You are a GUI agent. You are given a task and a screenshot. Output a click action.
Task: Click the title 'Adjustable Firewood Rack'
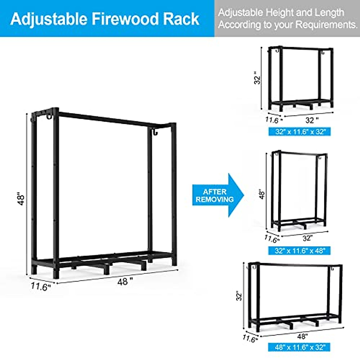click(x=105, y=19)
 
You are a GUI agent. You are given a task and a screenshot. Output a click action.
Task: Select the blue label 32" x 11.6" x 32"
click(x=299, y=131)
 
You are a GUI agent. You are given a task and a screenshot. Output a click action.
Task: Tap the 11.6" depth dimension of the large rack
click(x=41, y=287)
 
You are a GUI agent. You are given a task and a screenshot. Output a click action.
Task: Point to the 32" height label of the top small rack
click(x=257, y=78)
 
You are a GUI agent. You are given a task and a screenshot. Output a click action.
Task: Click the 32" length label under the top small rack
click(x=312, y=120)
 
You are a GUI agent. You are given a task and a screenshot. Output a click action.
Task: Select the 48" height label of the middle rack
click(x=262, y=194)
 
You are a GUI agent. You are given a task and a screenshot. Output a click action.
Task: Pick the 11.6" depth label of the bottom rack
click(x=250, y=339)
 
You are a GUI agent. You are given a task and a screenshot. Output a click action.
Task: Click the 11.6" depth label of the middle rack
click(x=272, y=239)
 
